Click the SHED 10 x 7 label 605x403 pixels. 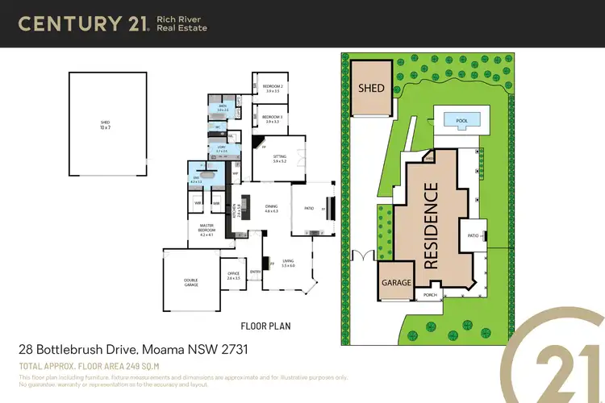[x=105, y=125]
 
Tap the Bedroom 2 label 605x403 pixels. [x=271, y=89]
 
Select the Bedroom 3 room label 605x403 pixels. [x=271, y=119]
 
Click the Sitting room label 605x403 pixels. [x=279, y=160]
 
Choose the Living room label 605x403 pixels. [x=288, y=264]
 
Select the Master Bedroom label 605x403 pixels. [x=206, y=231]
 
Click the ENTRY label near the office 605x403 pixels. [x=255, y=272]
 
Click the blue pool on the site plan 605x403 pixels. [x=461, y=122]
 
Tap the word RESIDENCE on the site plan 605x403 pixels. [x=432, y=225]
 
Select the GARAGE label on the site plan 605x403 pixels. [x=397, y=283]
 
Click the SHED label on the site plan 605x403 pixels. [x=372, y=88]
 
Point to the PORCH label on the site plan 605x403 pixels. [x=431, y=295]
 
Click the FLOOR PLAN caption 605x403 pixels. [x=265, y=326]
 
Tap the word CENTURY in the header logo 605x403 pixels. [x=70, y=24]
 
